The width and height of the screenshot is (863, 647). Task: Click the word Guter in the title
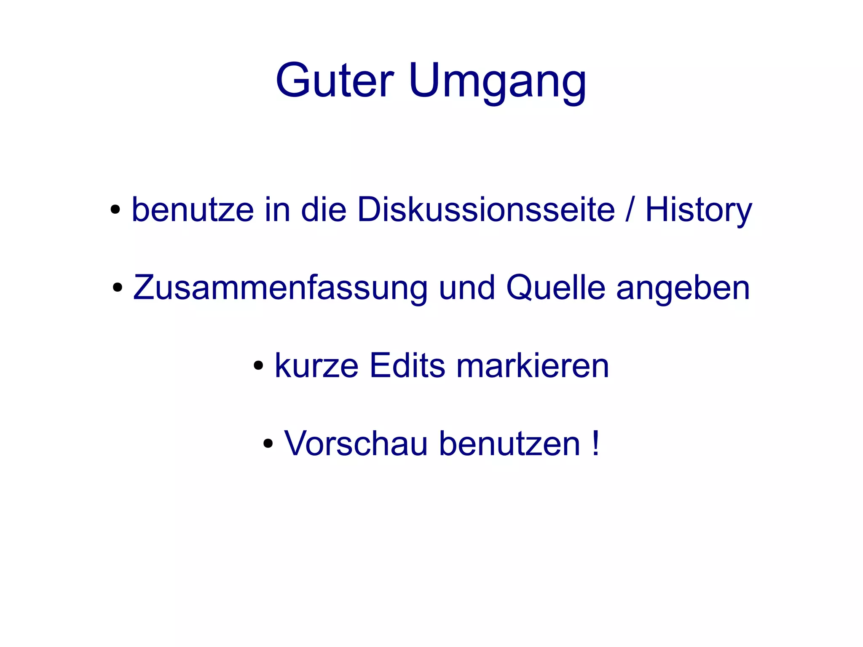(x=335, y=80)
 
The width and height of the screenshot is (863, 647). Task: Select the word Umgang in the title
(x=497, y=81)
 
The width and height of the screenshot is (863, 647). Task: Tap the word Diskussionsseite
(x=486, y=209)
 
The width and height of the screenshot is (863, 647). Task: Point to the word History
(x=698, y=210)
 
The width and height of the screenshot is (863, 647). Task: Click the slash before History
(x=630, y=209)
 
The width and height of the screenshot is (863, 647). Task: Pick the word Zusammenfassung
(x=280, y=288)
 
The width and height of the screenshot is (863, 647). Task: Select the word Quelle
(x=556, y=288)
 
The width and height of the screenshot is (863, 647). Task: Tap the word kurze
(x=316, y=365)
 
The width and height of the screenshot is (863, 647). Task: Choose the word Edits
(x=407, y=365)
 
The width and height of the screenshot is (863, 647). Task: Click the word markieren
(x=533, y=365)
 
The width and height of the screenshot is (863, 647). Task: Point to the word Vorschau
(x=356, y=443)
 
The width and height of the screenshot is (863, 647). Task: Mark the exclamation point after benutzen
(x=595, y=443)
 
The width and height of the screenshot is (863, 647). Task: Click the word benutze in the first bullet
(x=193, y=209)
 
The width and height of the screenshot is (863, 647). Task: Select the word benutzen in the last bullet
(x=509, y=443)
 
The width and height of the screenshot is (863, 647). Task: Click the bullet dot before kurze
(x=258, y=366)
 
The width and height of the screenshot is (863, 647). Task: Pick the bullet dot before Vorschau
(x=268, y=444)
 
